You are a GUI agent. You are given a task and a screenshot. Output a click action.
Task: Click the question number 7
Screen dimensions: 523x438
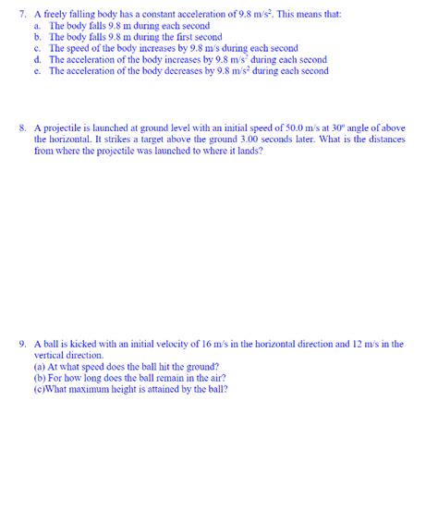tap(22, 14)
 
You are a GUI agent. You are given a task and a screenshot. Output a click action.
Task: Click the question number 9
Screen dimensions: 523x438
tap(22, 344)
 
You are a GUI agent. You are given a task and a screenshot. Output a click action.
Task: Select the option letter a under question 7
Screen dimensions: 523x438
tap(37, 26)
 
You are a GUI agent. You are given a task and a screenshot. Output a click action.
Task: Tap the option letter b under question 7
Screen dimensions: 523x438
tap(37, 37)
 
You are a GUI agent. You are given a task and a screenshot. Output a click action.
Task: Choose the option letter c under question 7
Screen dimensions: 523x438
tap(37, 48)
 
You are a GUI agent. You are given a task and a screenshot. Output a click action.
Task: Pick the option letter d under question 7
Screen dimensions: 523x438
tap(37, 59)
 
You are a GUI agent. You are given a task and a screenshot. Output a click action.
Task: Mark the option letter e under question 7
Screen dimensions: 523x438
tap(37, 70)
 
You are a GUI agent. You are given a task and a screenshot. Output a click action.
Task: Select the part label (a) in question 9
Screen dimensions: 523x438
tap(40, 366)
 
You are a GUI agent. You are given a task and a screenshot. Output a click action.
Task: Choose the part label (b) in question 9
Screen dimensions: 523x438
tap(40, 377)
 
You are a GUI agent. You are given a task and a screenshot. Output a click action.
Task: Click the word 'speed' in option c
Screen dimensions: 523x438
tap(81, 48)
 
